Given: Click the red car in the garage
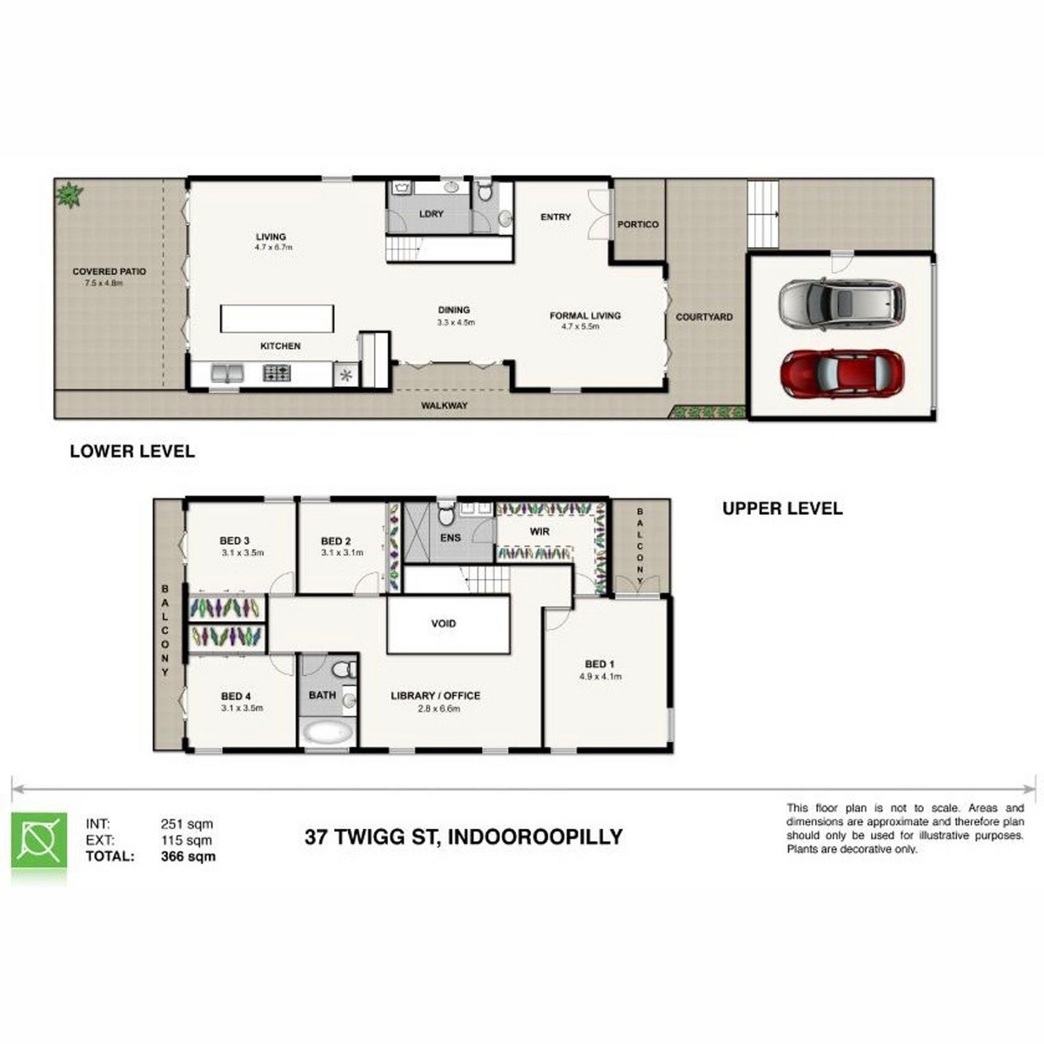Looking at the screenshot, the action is (x=841, y=374).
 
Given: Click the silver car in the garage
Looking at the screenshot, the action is (x=841, y=304).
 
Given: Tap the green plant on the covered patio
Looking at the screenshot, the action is (x=70, y=194).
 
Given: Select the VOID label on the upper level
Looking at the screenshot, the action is (x=443, y=624).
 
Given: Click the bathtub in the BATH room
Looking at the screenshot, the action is (x=328, y=733).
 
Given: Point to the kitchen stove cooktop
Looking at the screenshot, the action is (x=277, y=372).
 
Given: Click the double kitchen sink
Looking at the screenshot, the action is (x=227, y=372).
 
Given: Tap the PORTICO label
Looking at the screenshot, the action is (x=638, y=224).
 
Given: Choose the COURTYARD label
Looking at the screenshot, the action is (x=704, y=317).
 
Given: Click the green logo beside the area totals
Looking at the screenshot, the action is (x=39, y=840).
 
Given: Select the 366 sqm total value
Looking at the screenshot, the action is (x=188, y=857).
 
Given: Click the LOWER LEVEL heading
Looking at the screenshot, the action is (x=132, y=452).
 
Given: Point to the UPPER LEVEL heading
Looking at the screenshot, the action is (x=782, y=508).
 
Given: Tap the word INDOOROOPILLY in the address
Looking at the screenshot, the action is (x=535, y=837).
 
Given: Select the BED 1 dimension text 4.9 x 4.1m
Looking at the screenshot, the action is (x=599, y=676).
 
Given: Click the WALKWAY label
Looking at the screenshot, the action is (x=444, y=405).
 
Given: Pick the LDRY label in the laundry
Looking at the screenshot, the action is (x=432, y=214).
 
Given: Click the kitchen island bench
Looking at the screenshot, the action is (x=277, y=318).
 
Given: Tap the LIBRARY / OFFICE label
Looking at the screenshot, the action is (x=435, y=696).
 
